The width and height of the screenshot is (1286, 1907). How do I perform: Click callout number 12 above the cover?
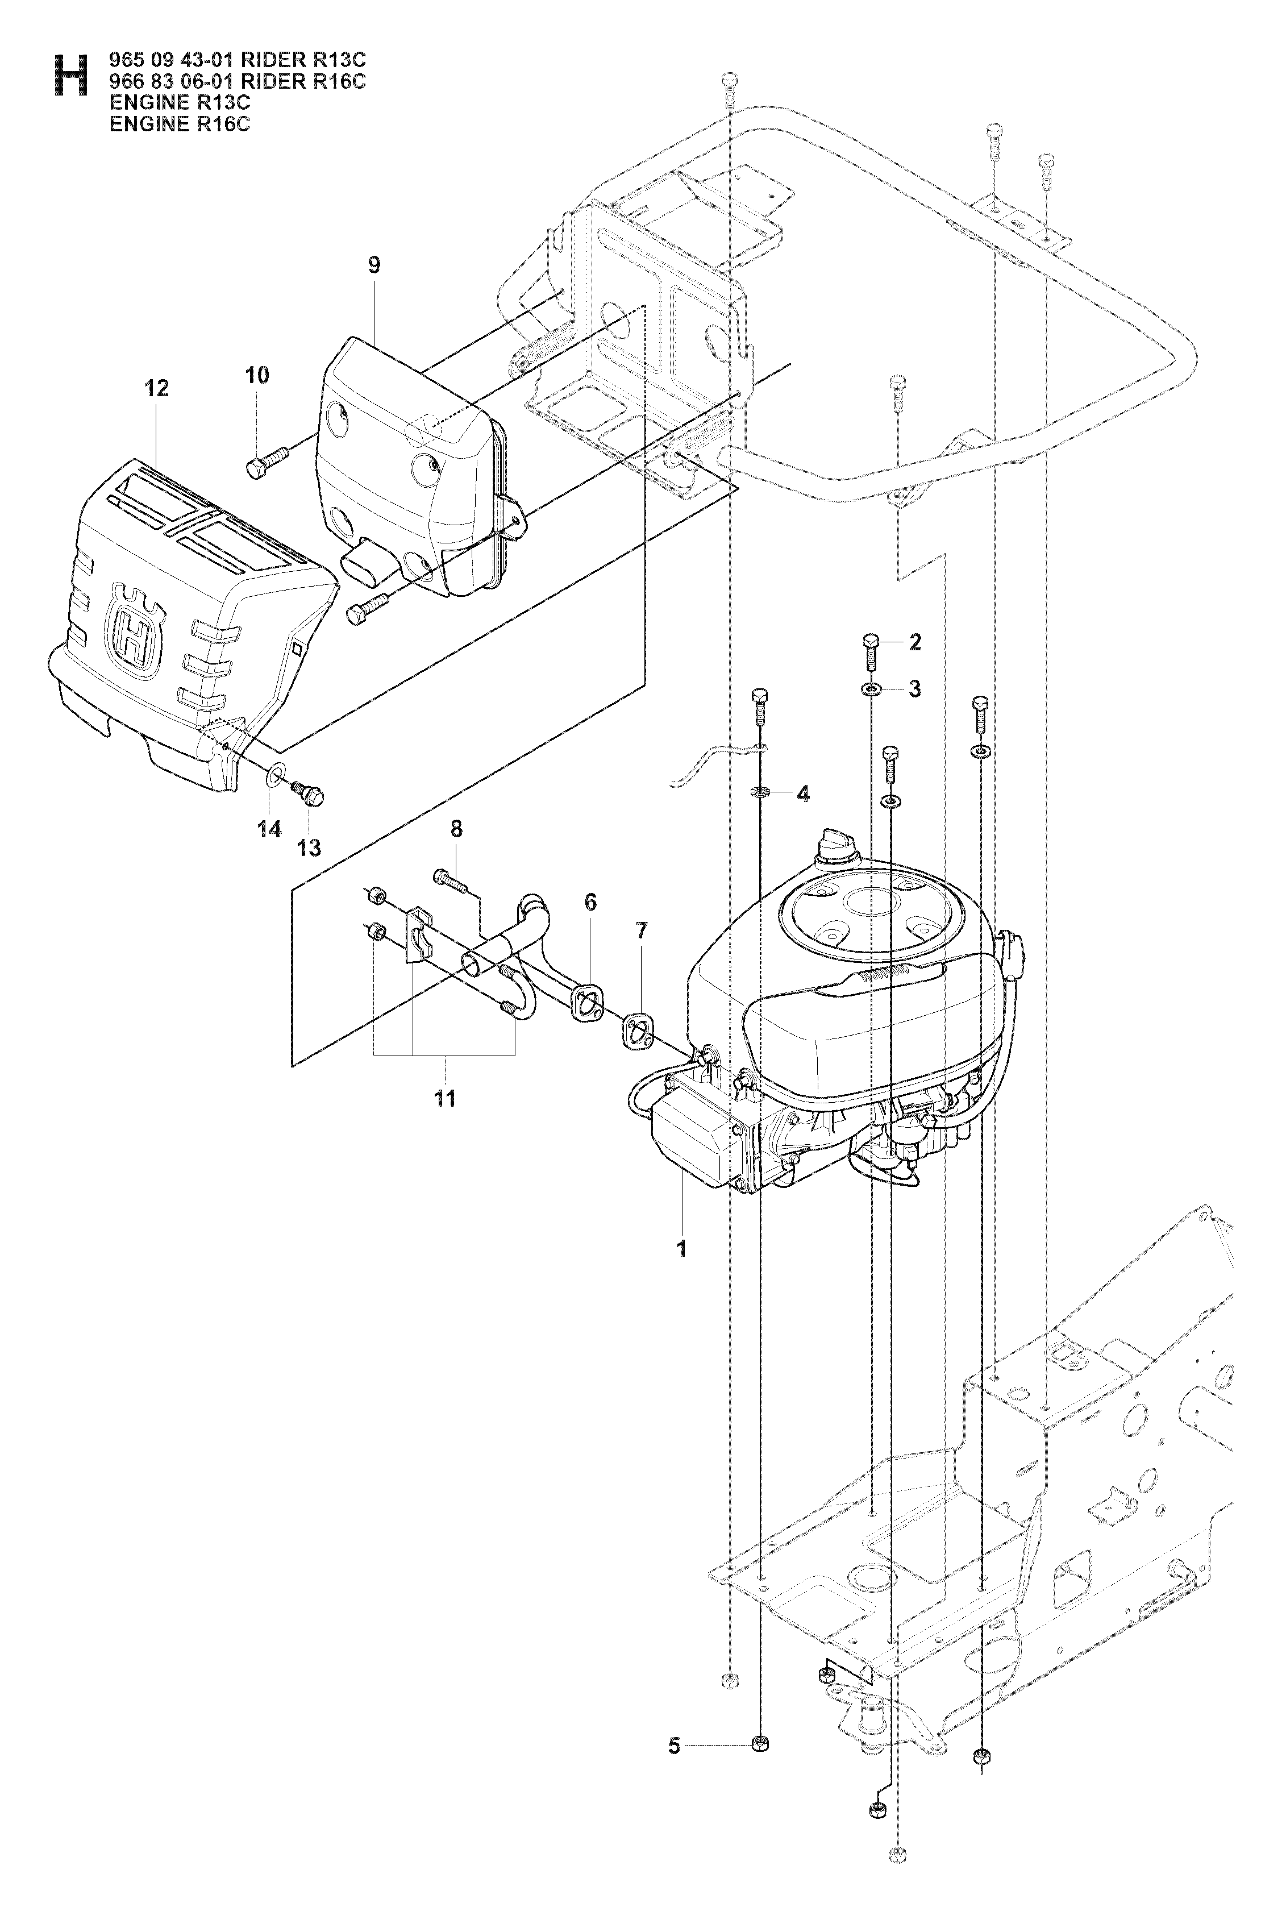tap(157, 388)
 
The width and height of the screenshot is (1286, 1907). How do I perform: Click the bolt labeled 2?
tap(871, 653)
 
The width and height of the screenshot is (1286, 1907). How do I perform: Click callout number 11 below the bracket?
tap(444, 1098)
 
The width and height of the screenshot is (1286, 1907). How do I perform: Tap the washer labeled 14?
tap(278, 772)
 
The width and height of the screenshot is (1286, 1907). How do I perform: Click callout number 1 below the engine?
tap(681, 1249)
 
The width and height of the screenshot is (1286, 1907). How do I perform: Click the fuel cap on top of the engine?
tap(836, 846)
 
